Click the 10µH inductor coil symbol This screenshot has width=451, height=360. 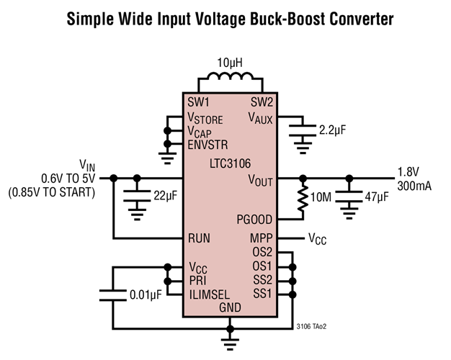(x=230, y=78)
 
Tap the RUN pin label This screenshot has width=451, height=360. (x=199, y=238)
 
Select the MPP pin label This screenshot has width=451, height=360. (x=261, y=238)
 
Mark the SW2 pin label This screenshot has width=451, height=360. (x=261, y=102)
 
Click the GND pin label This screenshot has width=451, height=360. (x=230, y=307)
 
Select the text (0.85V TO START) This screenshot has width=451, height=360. (x=51, y=194)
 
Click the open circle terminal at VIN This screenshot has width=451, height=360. (x=112, y=176)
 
